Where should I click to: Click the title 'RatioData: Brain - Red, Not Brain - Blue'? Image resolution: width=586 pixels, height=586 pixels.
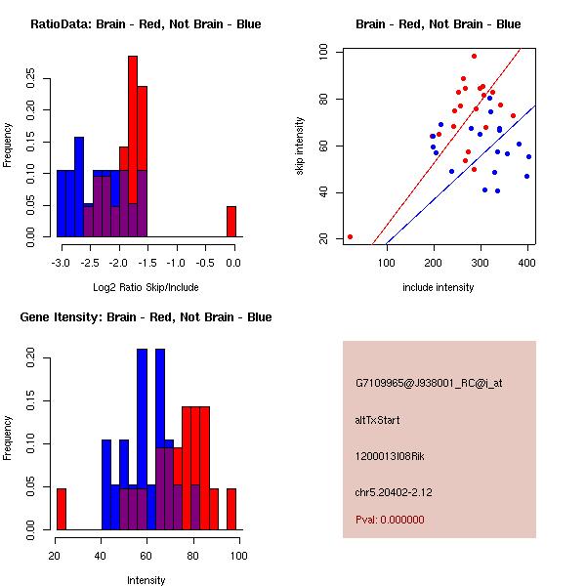145,24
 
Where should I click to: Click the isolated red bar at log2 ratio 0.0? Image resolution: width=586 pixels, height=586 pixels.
231,222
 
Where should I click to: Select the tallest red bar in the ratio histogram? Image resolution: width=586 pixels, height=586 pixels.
133,146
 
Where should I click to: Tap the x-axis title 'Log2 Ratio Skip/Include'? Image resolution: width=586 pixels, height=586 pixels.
145,288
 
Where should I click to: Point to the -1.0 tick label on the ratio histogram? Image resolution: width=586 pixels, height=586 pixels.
175,264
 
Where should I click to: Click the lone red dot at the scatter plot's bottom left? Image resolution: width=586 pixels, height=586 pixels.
350,236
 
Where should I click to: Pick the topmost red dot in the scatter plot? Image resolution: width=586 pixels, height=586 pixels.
474,57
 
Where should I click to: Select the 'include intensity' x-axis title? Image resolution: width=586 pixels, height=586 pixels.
438,288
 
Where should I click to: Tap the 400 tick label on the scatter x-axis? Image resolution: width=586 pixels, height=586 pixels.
527,264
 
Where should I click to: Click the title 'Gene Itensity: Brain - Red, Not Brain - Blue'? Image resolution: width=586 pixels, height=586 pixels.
145,317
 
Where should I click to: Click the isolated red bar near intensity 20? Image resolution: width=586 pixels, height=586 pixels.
62,509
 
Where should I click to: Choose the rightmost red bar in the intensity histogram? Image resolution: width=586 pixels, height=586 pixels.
231,509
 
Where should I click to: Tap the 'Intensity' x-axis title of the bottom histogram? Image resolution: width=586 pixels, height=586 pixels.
146,581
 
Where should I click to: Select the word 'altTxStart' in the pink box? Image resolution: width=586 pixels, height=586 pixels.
378,420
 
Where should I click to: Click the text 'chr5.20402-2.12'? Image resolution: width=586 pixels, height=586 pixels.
394,491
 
